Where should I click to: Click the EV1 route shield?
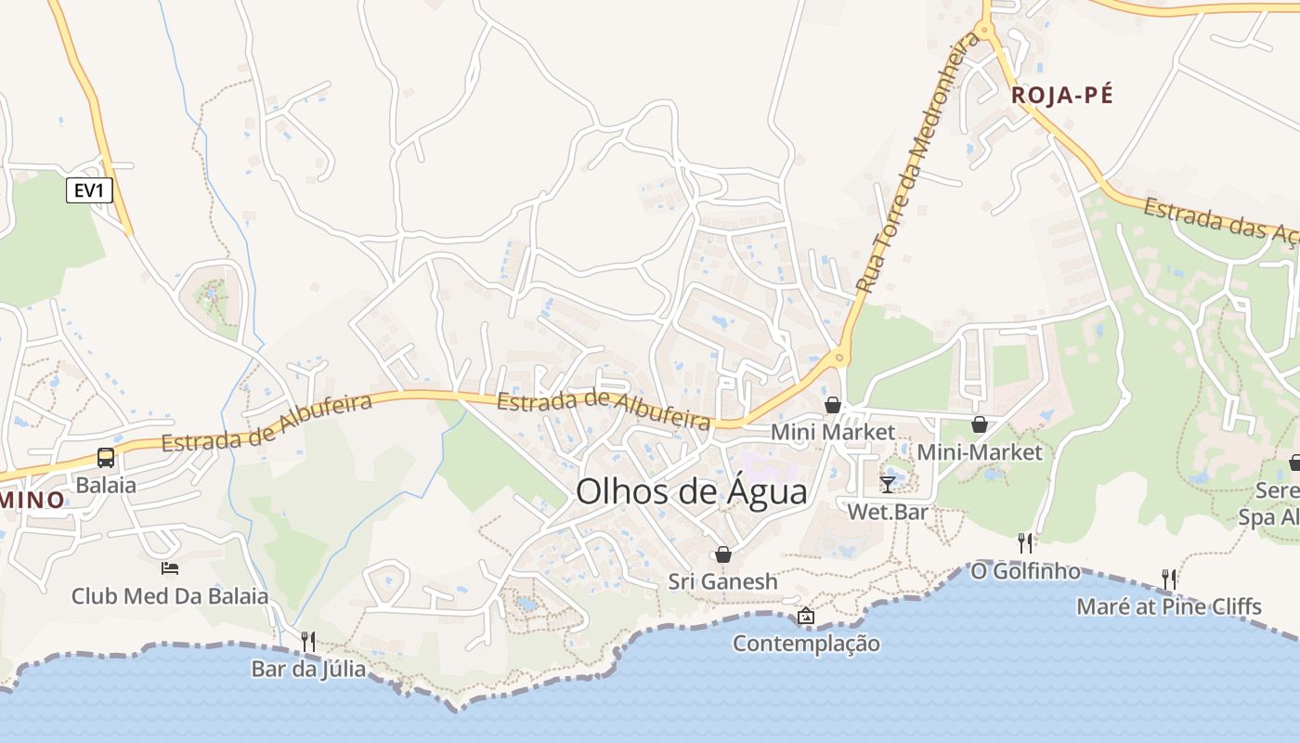click(90, 191)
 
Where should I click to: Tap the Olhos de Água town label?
click(692, 491)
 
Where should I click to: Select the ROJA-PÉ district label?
click(1061, 95)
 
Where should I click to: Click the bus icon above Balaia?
click(106, 458)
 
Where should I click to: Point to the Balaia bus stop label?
click(106, 485)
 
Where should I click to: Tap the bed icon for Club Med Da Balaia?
click(170, 567)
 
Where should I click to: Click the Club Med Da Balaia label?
click(170, 596)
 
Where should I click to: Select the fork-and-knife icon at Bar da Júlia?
click(308, 641)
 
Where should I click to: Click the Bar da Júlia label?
click(308, 669)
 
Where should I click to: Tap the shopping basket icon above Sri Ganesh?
click(723, 554)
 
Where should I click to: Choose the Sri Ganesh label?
click(723, 581)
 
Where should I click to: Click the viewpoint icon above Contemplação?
click(806, 616)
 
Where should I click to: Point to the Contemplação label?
click(806, 643)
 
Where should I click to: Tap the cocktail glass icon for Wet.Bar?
click(888, 484)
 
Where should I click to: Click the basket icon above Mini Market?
click(833, 405)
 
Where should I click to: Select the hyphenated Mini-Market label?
click(980, 452)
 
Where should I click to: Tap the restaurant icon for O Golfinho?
click(1025, 542)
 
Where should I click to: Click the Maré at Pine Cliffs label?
click(1168, 607)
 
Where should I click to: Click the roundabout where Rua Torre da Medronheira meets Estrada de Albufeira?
click(839, 357)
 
